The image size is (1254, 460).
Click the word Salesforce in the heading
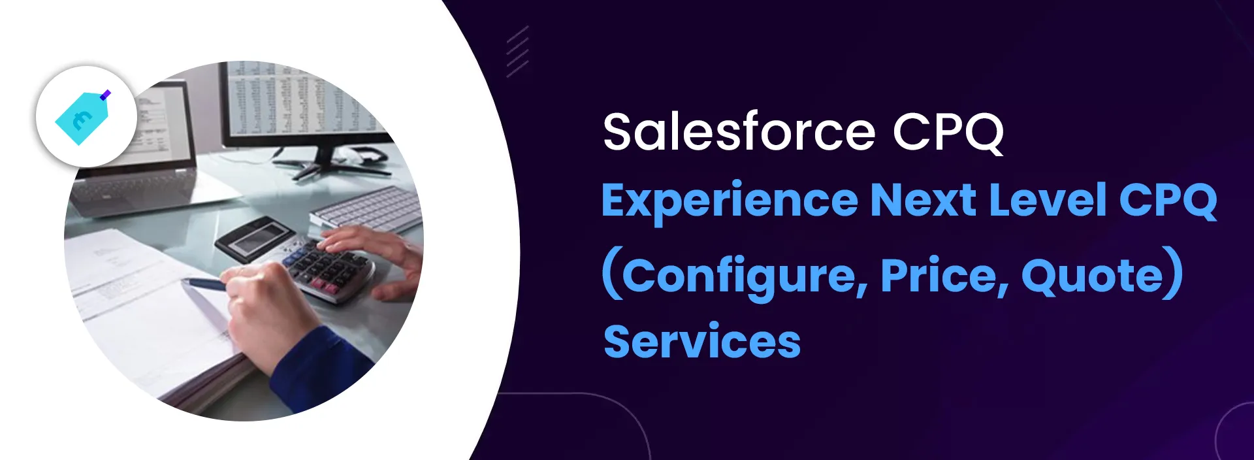tap(739, 132)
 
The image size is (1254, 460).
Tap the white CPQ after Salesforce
tap(948, 133)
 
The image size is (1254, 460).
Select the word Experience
tap(730, 201)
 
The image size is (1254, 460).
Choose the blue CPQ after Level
tap(1168, 201)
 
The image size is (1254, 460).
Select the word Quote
tap(1093, 276)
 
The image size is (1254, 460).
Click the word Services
tap(702, 342)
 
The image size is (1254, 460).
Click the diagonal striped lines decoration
tap(517, 52)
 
